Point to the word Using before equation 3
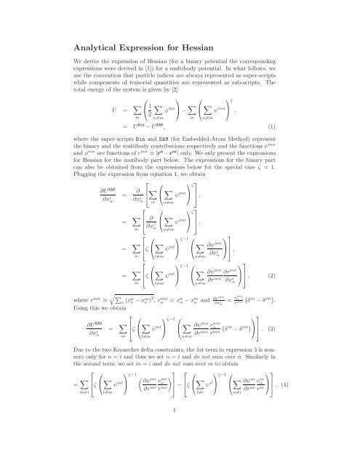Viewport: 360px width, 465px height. (x=53, y=310)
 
